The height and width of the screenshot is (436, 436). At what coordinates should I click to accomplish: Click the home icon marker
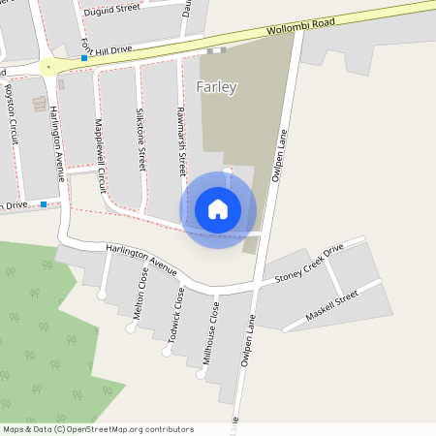pyautogui.click(x=218, y=208)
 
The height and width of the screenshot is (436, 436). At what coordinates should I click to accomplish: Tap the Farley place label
pyautogui.click(x=216, y=87)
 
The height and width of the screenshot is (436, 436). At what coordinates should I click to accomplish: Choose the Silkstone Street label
pyautogui.click(x=140, y=140)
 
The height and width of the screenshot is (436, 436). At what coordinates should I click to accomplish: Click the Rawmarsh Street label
pyautogui.click(x=181, y=141)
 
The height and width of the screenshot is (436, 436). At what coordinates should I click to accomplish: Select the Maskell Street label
pyautogui.click(x=332, y=306)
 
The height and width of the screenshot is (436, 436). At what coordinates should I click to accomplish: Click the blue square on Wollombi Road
pyautogui.click(x=84, y=59)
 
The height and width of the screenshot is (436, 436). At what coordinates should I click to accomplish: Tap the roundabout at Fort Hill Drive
pyautogui.click(x=48, y=68)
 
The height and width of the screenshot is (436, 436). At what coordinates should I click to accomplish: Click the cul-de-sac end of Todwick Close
pyautogui.click(x=166, y=353)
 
